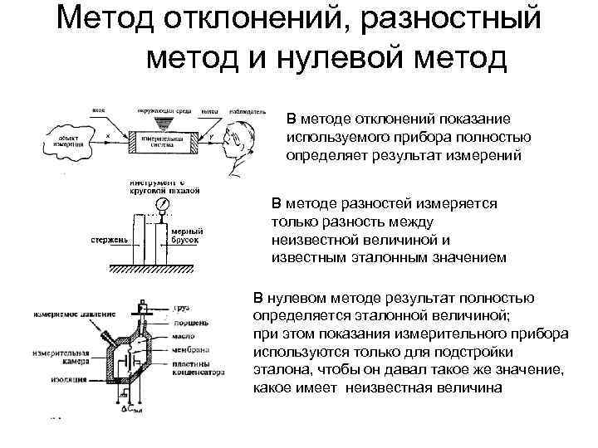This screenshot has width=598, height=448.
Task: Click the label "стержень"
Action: point(110,241)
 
